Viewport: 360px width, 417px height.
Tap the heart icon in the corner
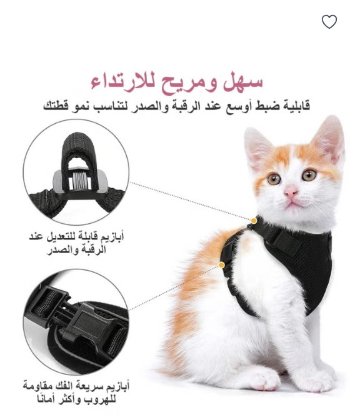pos(329,21)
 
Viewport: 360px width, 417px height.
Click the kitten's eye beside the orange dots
pos(274,179)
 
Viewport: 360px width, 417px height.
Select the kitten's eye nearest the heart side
pos(309,174)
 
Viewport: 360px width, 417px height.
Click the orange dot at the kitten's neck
pos(254,221)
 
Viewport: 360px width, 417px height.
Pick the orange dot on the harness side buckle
pos(221,265)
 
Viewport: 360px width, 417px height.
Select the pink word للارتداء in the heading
pos(124,82)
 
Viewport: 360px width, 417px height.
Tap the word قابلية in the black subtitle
pos(295,106)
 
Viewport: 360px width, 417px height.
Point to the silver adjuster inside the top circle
pos(79,181)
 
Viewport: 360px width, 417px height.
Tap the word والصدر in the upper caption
pos(60,250)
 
